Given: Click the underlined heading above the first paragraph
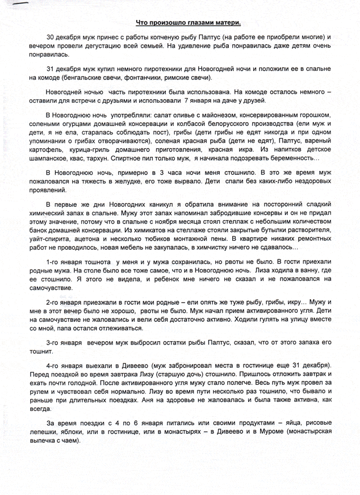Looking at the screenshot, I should click(189, 22).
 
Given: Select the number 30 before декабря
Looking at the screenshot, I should click(51, 37).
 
